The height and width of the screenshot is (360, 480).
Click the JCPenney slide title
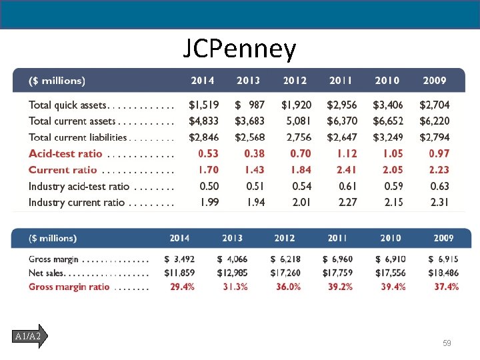239,49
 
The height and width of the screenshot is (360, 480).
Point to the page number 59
447,343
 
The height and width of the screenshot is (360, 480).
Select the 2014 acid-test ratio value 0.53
208,154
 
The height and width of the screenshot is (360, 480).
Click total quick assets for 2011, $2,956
341,105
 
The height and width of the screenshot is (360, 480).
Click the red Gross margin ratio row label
69,287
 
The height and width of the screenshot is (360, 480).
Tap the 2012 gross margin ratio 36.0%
287,287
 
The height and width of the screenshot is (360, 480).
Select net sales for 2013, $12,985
232,273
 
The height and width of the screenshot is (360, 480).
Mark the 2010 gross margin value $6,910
391,259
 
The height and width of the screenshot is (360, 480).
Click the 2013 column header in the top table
248,81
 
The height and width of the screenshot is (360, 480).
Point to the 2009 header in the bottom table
443,238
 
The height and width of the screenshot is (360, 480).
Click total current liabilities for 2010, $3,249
387,137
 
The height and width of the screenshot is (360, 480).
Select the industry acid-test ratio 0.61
347,187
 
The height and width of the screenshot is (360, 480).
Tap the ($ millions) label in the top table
57,81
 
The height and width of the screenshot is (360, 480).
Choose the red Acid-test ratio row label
65,154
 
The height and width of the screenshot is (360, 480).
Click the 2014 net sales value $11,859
179,273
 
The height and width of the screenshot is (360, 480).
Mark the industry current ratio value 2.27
347,203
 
